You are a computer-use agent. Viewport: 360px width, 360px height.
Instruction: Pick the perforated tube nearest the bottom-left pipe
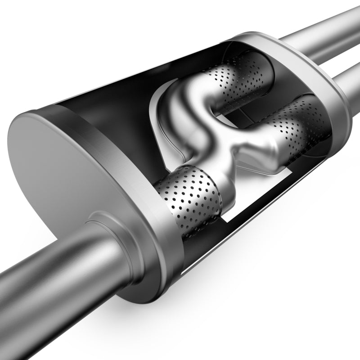(x=189, y=198)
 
